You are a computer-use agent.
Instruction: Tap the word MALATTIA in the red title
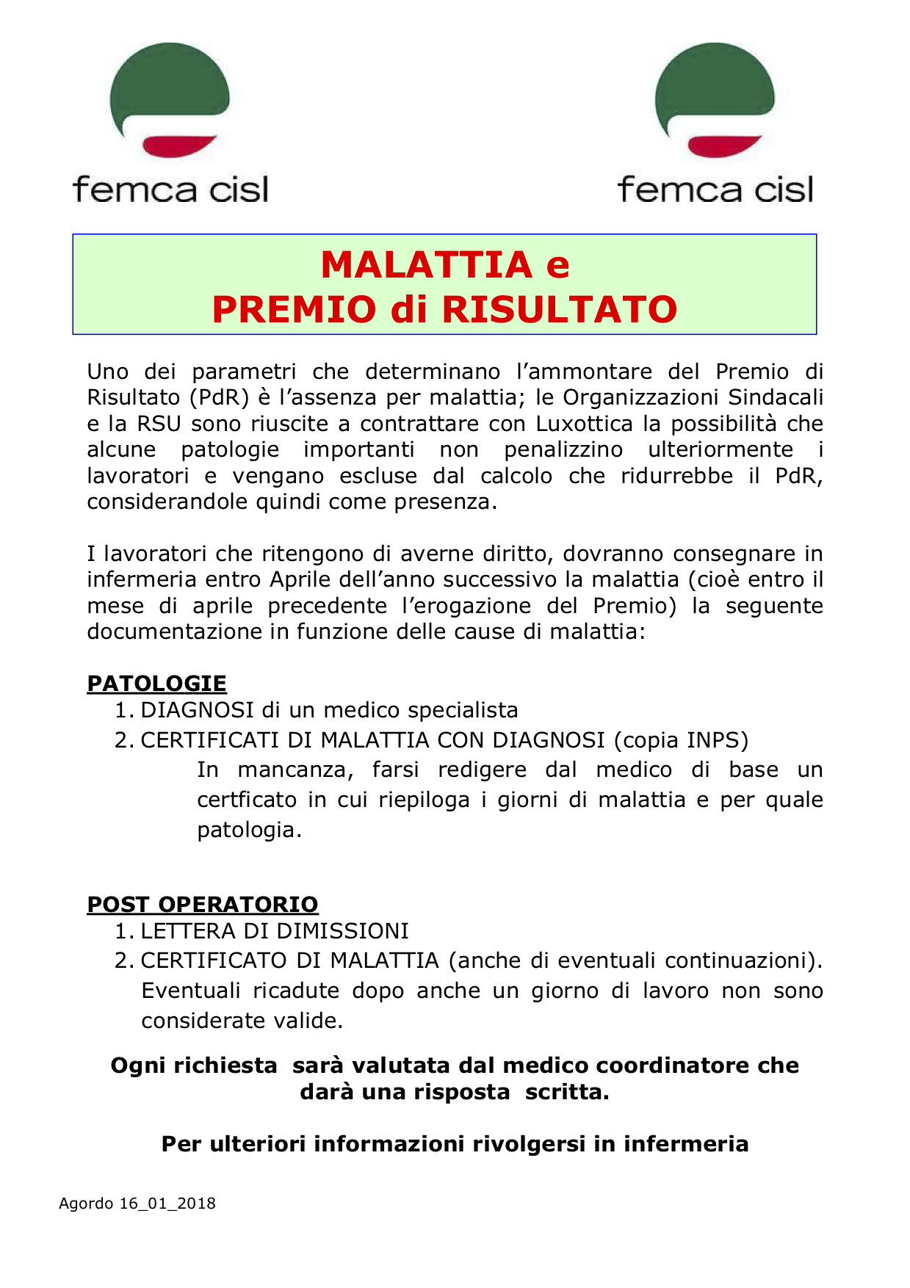426,265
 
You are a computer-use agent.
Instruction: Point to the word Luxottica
584,424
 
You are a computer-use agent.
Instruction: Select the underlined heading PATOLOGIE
156,684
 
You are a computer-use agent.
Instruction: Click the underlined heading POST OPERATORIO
203,905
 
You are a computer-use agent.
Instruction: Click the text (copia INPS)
681,740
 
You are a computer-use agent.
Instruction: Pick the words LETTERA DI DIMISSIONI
275,931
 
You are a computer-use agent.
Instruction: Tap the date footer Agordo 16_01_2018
137,1204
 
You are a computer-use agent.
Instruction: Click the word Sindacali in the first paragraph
776,398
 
